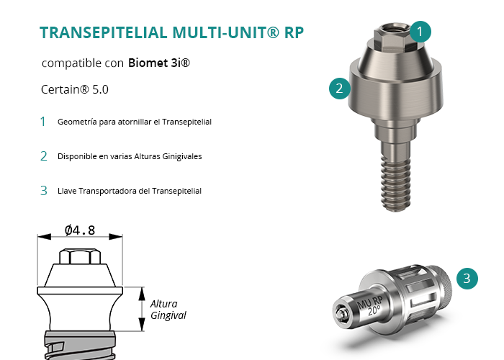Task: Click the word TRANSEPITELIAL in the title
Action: [104, 32]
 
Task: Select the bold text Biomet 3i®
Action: [159, 63]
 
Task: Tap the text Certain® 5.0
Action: [75, 89]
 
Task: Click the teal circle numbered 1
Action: [420, 32]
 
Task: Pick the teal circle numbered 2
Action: [339, 89]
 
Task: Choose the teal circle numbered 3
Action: [467, 279]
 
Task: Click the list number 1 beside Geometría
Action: [42, 122]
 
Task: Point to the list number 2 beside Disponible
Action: [44, 156]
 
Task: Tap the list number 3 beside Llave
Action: [44, 191]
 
